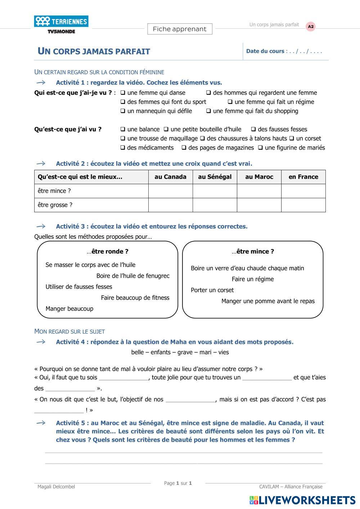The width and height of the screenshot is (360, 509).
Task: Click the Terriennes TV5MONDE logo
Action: click(61, 24)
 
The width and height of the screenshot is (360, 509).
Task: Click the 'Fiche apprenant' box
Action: click(180, 29)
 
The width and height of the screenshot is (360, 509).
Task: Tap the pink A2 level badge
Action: click(310, 26)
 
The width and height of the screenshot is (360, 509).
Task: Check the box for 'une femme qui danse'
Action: click(123, 93)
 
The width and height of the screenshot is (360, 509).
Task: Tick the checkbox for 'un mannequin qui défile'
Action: click(123, 111)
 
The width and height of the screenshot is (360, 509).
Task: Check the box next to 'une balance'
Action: click(123, 129)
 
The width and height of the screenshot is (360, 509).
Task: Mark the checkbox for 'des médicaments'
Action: click(123, 148)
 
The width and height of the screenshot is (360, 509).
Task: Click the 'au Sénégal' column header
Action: click(215, 177)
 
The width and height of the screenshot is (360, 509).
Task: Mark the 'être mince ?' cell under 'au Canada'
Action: click(170, 191)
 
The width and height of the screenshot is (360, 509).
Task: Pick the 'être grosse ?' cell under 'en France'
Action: click(303, 205)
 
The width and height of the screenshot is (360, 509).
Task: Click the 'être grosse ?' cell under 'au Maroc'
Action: click(259, 205)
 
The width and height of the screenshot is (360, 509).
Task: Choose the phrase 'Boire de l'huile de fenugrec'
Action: click(133, 276)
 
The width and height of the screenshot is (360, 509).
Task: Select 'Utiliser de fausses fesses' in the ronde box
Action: click(79, 287)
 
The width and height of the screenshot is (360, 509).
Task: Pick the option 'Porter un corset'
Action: click(212, 290)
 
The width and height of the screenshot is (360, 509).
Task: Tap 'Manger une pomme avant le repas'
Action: click(268, 301)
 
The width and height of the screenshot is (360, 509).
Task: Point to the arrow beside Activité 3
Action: click(41, 226)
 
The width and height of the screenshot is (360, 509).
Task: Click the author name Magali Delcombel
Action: click(56, 487)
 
